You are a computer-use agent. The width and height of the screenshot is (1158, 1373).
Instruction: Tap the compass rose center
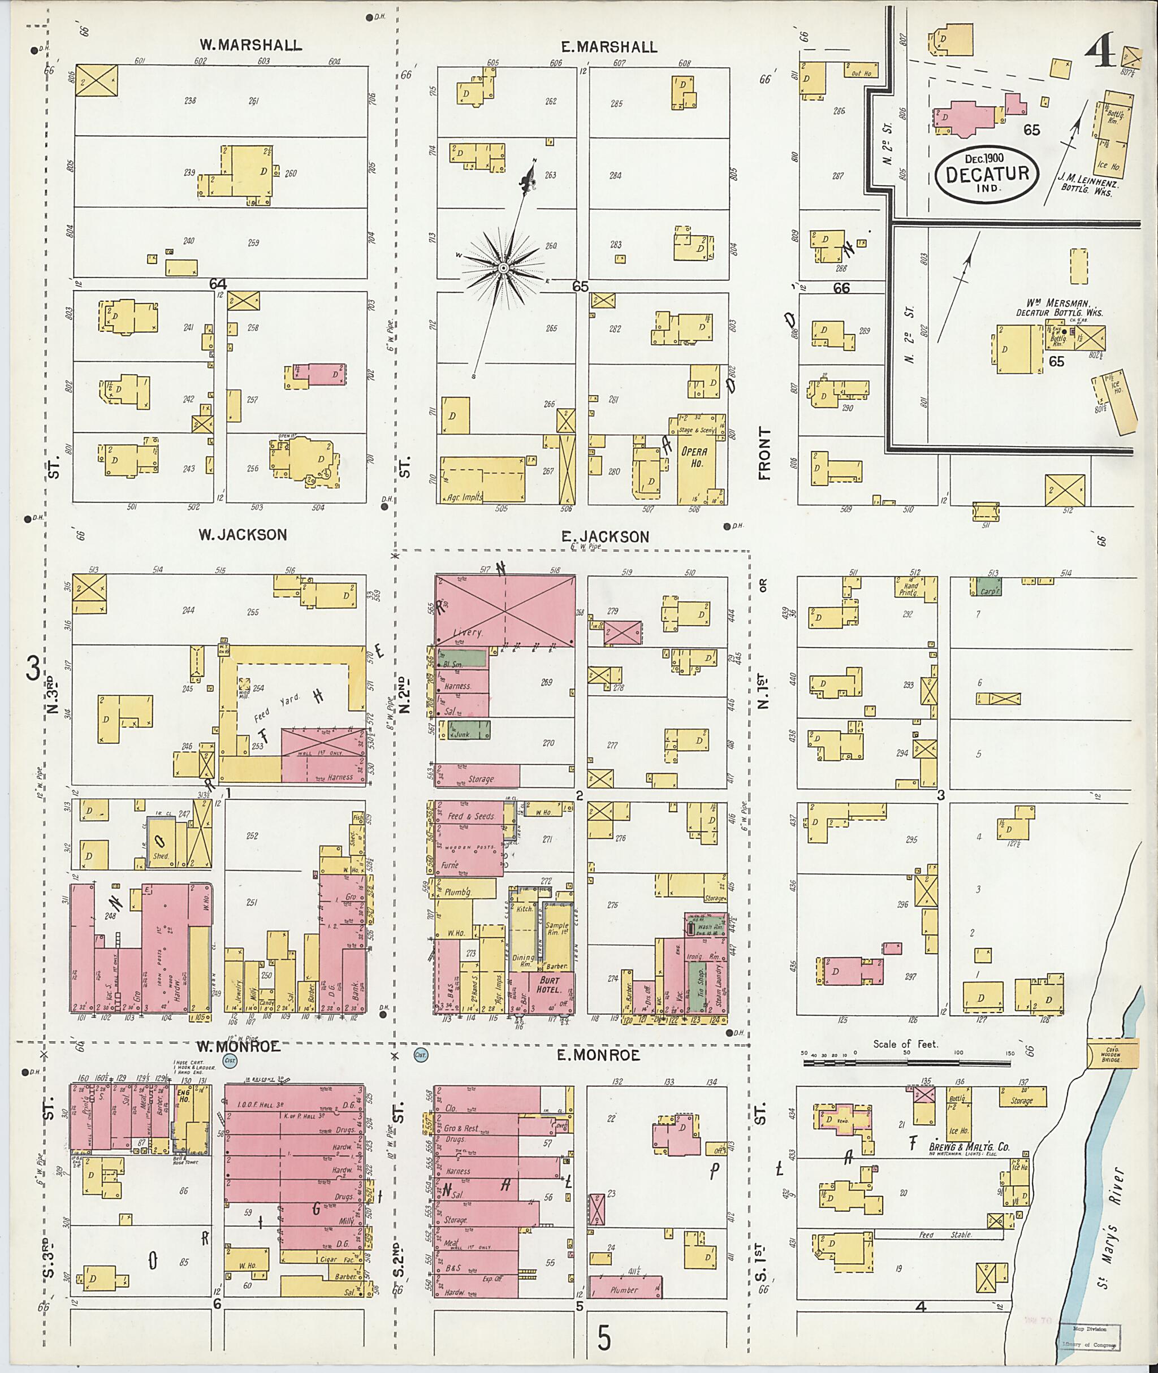(503, 268)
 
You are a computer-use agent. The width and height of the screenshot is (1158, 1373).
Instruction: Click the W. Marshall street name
(251, 45)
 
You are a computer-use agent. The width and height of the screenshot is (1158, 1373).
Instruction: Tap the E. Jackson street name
(604, 537)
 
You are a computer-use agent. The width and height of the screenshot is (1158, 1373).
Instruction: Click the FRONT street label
(763, 453)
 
